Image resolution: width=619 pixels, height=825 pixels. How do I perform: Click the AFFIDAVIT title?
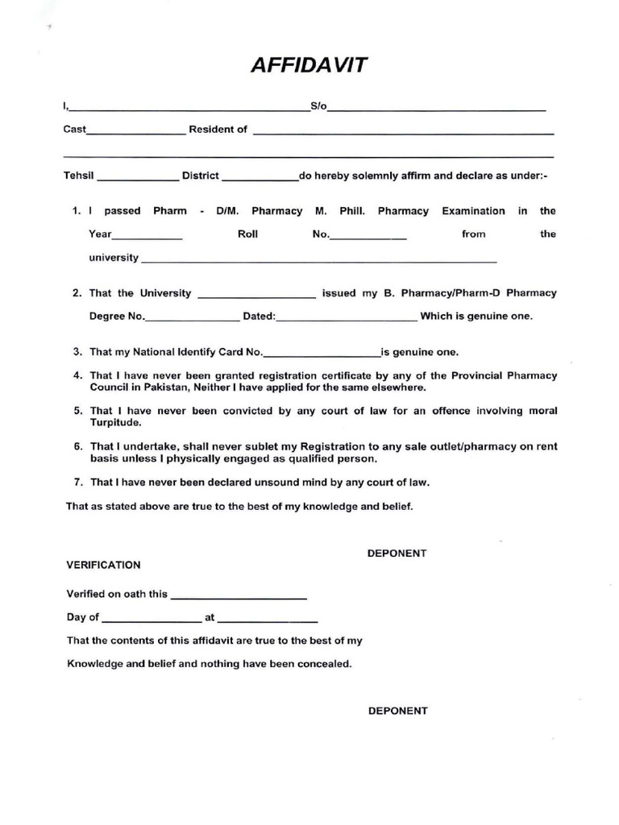309,65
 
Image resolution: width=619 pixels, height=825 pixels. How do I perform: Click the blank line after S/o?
436,109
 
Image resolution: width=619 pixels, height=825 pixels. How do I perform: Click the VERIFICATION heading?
103,565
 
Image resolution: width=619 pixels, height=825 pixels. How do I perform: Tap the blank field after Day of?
152,622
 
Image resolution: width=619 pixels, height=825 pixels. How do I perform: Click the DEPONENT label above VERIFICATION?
397,553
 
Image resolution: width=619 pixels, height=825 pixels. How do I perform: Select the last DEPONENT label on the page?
398,711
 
